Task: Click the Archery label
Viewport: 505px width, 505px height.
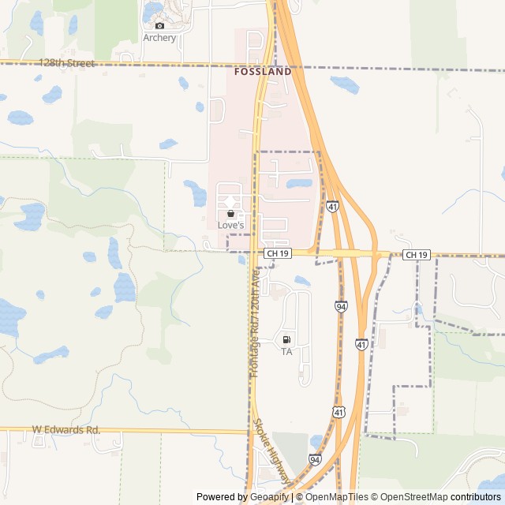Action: [159, 38]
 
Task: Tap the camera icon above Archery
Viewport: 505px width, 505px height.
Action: [159, 25]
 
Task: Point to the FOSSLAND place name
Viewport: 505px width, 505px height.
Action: [263, 71]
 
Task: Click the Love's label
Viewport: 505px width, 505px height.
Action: [231, 226]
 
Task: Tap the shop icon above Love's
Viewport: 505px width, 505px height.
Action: [230, 214]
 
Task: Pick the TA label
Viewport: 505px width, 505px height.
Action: [286, 352]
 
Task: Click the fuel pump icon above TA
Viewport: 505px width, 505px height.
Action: [286, 340]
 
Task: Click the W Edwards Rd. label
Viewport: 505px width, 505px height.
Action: [66, 430]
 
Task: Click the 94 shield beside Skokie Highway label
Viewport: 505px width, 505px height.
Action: [315, 459]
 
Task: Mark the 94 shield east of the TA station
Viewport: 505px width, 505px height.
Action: [341, 306]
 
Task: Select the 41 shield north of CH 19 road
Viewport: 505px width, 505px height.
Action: [333, 207]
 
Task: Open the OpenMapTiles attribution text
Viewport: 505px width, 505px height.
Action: [331, 497]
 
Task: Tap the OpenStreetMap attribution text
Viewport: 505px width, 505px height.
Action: [411, 497]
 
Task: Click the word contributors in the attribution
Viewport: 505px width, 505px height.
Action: [476, 497]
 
